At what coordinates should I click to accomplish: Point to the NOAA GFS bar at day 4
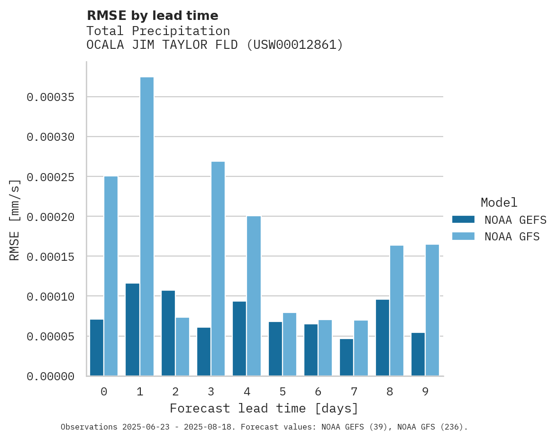(254, 296)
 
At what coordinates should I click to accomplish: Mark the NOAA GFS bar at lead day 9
(432, 310)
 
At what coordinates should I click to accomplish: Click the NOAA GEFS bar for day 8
(382, 338)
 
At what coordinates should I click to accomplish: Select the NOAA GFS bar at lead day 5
(290, 344)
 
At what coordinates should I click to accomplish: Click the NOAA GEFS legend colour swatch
(463, 220)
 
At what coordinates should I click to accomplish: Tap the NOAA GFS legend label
(512, 237)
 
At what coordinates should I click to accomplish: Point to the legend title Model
(499, 202)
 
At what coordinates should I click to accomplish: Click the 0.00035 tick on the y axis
(51, 97)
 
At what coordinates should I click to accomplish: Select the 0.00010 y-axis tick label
(51, 296)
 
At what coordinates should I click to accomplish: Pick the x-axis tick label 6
(318, 392)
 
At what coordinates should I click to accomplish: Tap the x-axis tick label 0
(104, 392)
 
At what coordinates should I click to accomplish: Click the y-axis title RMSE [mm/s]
(15, 220)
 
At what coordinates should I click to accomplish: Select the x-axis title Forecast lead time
(264, 408)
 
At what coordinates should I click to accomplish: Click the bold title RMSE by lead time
(152, 16)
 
